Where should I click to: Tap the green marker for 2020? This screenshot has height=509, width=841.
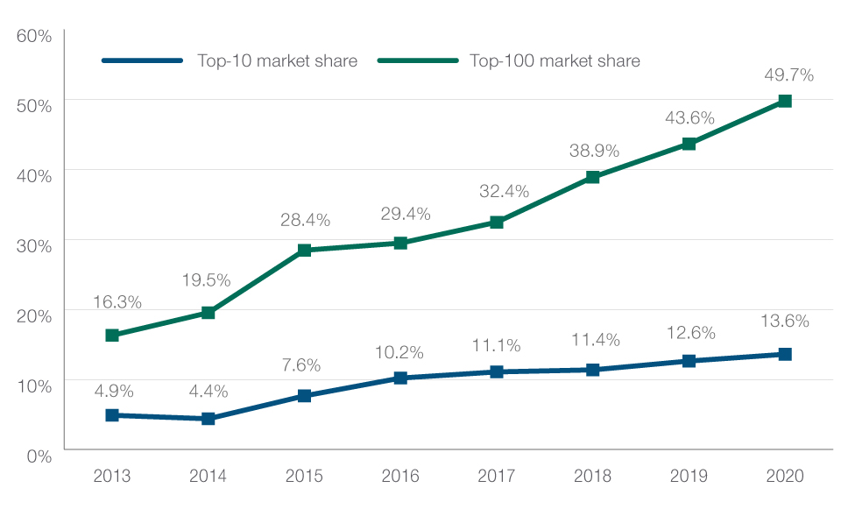pyautogui.click(x=785, y=102)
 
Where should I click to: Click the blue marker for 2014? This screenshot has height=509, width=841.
pyautogui.click(x=208, y=419)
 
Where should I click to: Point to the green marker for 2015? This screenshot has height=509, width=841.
pyautogui.click(x=304, y=251)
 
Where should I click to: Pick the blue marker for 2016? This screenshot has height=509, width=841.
pyautogui.click(x=400, y=378)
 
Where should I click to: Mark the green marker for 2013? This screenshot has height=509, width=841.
pyautogui.click(x=112, y=336)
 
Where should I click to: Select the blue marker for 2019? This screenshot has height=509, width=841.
pyautogui.click(x=689, y=361)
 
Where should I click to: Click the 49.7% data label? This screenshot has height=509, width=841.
pyautogui.click(x=788, y=75)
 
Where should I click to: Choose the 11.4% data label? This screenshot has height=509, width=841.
pyautogui.click(x=595, y=339)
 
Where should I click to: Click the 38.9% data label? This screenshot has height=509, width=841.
pyautogui.click(x=593, y=151)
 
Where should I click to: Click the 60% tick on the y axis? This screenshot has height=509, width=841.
pyautogui.click(x=34, y=36)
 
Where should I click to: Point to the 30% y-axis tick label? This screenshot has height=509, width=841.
pyautogui.click(x=34, y=245)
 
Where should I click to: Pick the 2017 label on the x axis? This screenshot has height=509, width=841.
pyautogui.click(x=497, y=477)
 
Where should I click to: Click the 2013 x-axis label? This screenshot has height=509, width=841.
pyautogui.click(x=112, y=477)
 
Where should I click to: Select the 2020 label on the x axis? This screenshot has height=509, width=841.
pyautogui.click(x=785, y=477)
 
